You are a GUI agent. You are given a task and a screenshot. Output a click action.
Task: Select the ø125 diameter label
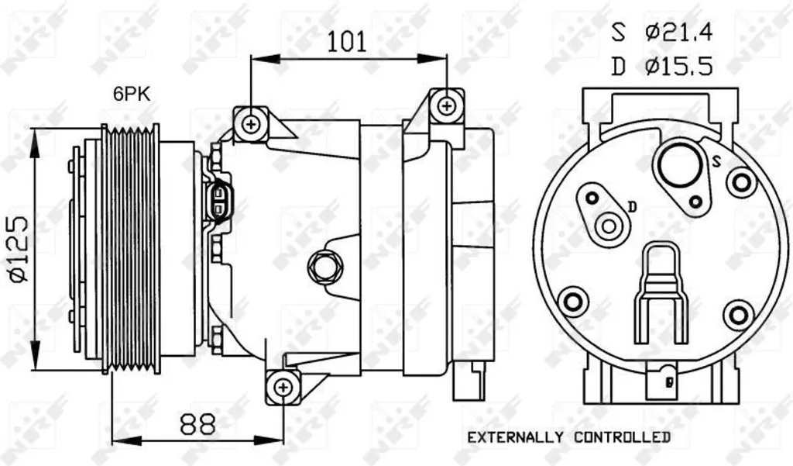pyautogui.click(x=18, y=249)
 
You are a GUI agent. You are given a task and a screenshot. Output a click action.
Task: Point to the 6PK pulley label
pyautogui.click(x=132, y=94)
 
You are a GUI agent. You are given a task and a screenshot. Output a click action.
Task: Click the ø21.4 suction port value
pyautogui.click(x=679, y=33)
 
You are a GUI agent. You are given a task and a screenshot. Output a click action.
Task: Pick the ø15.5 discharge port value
pyautogui.click(x=678, y=67)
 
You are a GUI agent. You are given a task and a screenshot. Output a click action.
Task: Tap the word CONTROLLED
pyautogui.click(x=622, y=437)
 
